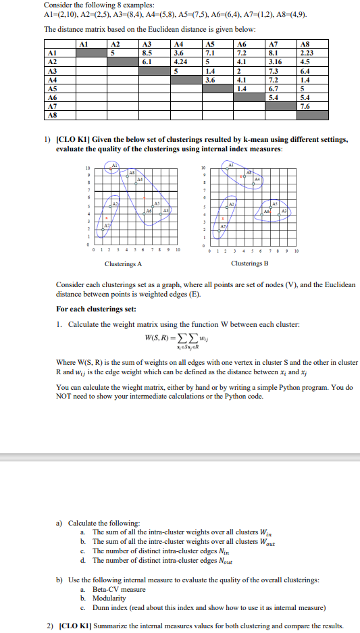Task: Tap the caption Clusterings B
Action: (249, 263)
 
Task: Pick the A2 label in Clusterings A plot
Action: (115, 203)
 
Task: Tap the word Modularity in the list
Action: (109, 599)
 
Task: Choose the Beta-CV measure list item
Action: (119, 590)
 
